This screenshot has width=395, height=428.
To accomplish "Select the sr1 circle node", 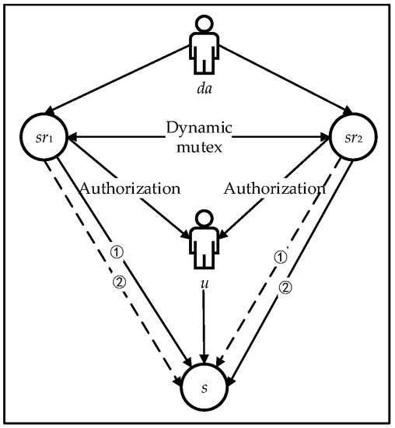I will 44,140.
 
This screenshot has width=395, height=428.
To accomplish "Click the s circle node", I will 204,387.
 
